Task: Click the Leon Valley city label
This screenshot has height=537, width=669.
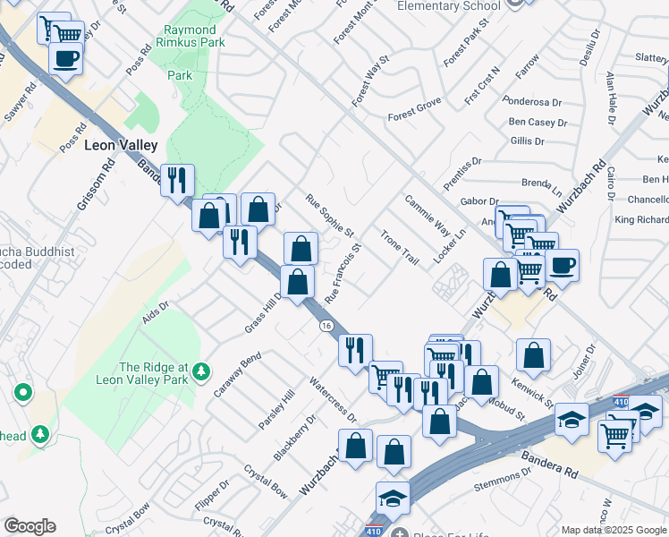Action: tap(121, 145)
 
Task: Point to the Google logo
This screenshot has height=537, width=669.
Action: tap(30, 526)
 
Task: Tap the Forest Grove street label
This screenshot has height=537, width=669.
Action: tap(415, 117)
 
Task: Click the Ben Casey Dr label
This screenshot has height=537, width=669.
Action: tap(538, 123)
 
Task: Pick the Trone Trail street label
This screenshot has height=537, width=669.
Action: tap(399, 246)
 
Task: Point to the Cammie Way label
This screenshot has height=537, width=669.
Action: tap(428, 214)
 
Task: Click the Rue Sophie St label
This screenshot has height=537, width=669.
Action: tap(330, 216)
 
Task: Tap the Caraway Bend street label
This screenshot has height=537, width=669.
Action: tap(237, 376)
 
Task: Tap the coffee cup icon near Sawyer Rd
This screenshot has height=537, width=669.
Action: tap(65, 60)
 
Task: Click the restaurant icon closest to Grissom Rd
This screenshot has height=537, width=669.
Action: tap(177, 180)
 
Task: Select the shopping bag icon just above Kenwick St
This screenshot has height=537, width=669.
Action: tap(534, 354)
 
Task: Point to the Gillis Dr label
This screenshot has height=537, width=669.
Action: tap(528, 141)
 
